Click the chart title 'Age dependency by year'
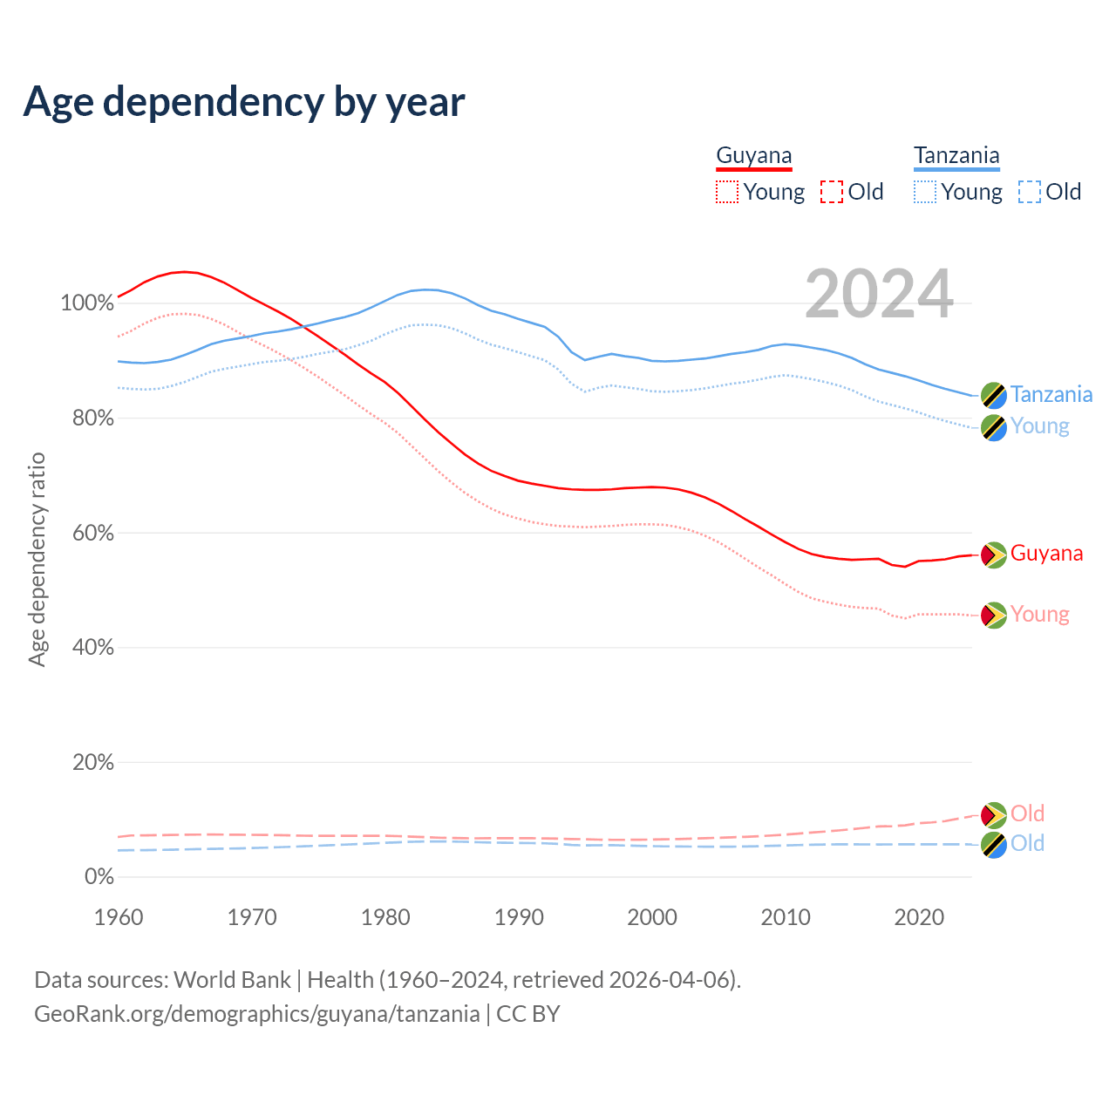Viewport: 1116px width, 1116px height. click(244, 102)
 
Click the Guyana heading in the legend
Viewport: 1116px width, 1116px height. click(754, 155)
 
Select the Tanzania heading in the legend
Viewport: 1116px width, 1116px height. click(956, 155)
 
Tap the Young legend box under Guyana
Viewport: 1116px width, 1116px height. click(727, 192)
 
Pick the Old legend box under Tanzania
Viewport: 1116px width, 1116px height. click(1030, 192)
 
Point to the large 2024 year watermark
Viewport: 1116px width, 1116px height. click(879, 295)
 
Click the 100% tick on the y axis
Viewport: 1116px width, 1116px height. click(87, 303)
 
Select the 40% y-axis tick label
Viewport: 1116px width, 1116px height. click(92, 648)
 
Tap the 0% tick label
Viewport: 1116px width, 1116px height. click(99, 877)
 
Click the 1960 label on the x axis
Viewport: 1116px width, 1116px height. click(119, 917)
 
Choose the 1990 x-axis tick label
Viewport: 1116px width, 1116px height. click(519, 917)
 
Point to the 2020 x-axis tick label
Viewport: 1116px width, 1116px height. click(919, 917)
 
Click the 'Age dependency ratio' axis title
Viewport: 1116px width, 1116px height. click(37, 559)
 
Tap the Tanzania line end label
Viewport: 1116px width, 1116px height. click(1051, 394)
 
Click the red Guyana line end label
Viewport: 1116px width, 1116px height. click(1046, 554)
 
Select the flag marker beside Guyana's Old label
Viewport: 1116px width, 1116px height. click(993, 815)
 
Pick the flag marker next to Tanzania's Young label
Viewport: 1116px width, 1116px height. click(993, 427)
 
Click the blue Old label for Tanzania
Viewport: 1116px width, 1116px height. click(1027, 843)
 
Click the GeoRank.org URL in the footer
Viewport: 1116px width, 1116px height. click(257, 1014)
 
